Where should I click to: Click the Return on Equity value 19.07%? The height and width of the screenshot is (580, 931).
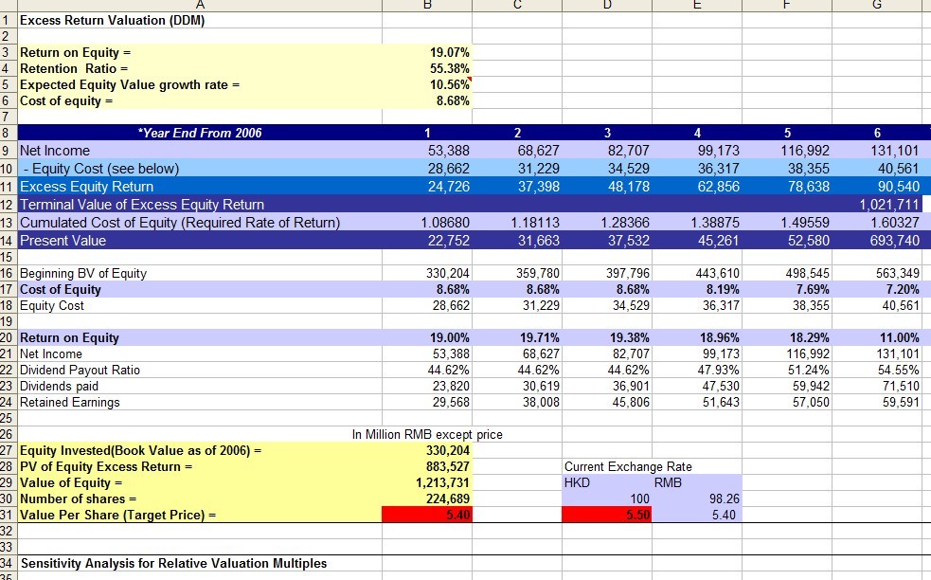(450, 52)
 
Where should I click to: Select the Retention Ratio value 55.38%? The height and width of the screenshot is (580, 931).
(450, 68)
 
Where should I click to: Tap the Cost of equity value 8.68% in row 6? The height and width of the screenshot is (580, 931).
(453, 100)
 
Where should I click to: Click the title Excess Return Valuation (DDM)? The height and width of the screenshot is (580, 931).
(112, 20)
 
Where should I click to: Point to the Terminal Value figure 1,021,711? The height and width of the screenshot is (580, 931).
(889, 205)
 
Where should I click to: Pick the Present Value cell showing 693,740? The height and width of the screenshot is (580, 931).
(893, 241)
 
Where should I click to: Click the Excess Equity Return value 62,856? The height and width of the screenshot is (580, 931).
(719, 187)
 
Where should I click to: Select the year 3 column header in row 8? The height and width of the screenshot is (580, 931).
(607, 133)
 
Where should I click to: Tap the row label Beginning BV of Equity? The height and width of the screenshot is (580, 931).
(83, 273)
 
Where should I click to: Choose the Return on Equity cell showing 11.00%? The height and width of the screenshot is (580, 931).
(899, 337)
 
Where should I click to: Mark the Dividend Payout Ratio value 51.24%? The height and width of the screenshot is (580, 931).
(809, 370)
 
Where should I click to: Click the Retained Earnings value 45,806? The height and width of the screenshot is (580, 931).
(631, 403)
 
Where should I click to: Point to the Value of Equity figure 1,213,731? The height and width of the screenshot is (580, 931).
(442, 482)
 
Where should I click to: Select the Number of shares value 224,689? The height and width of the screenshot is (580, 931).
(448, 498)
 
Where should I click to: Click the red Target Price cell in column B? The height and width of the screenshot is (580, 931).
(427, 515)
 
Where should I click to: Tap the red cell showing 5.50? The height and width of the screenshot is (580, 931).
(607, 515)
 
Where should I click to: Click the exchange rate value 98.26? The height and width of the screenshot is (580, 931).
(724, 498)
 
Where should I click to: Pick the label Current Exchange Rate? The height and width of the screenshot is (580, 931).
(628, 466)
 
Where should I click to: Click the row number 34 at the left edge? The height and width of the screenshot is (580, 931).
(7, 563)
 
